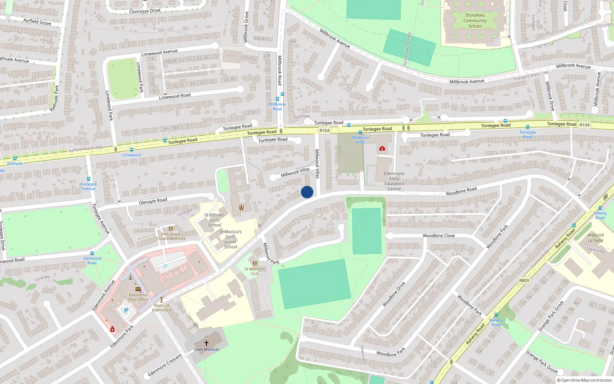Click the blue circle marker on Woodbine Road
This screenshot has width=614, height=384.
pos(307,192)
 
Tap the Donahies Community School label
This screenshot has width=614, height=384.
pos(475,21)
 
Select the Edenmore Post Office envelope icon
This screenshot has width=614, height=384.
pos(138,289)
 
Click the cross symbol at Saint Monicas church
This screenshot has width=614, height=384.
pos(206,343)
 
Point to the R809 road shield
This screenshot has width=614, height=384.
pos(524,280)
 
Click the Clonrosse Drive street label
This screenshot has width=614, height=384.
pos(145,11)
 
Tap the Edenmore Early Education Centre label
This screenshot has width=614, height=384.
pos(394,181)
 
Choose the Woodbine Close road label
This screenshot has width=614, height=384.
pos(439,236)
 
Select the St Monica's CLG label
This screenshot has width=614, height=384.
pos(255,271)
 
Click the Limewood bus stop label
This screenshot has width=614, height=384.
pos(131,155)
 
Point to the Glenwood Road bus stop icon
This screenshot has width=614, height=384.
pos(92,253)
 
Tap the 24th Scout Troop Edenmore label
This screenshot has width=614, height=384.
pos(171,236)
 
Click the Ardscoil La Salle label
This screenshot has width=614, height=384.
pos(596,238)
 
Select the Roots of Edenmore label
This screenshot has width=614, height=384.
pos(162,308)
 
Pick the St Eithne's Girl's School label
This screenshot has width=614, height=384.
pos(215,220)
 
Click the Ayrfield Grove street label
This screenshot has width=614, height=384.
pos(37,22)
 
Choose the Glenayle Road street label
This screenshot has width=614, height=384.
pos(153,201)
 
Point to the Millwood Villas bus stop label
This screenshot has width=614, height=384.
pos(360,140)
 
